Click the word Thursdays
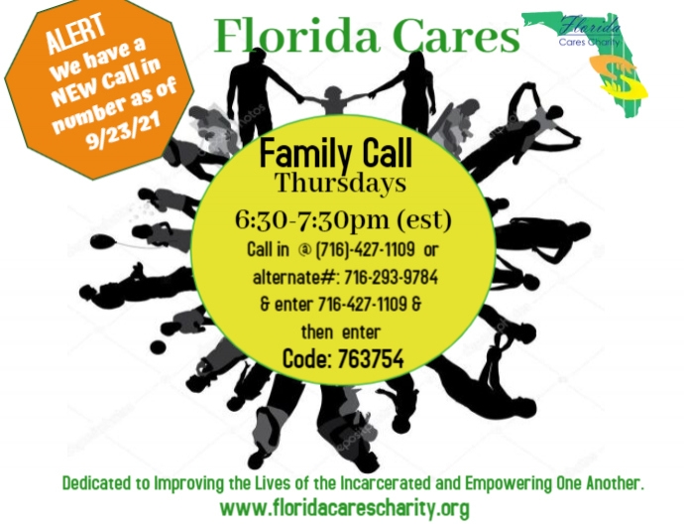341,185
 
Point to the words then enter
337,331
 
